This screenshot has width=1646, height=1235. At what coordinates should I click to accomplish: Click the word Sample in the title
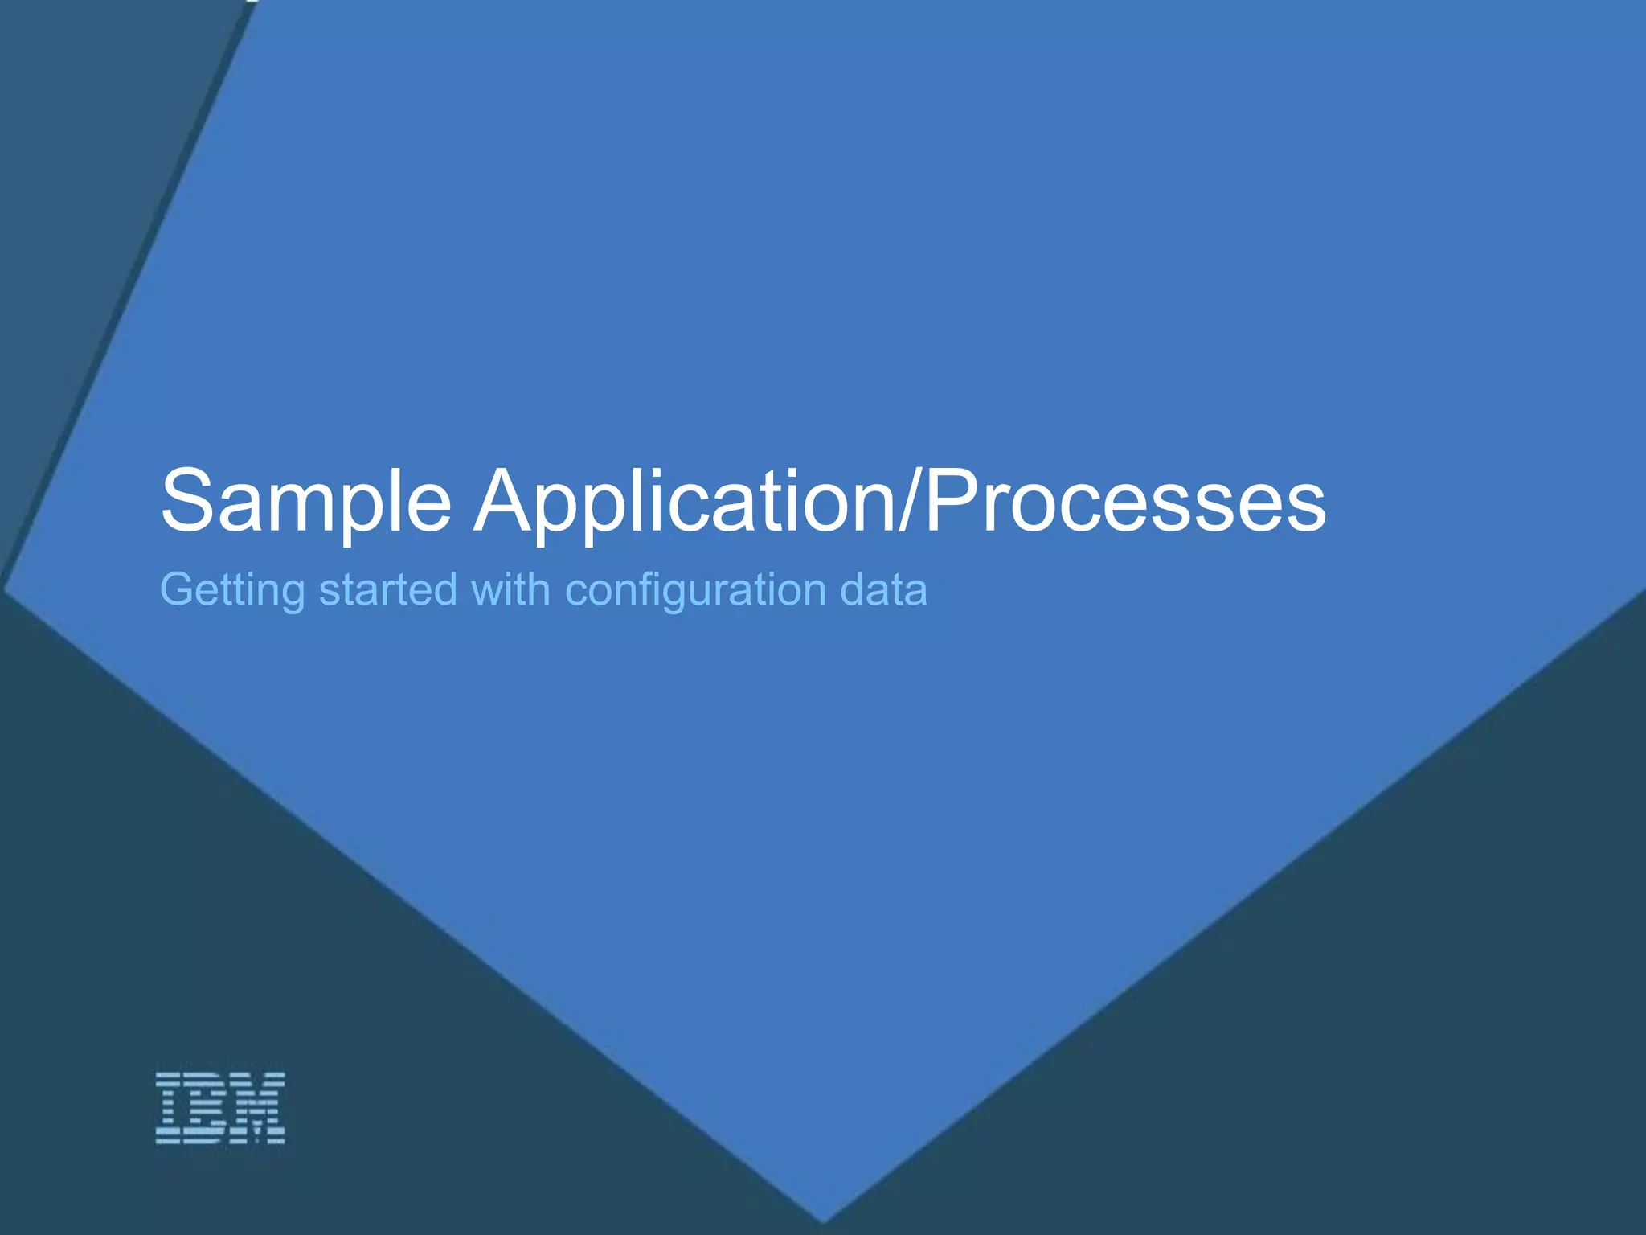coord(305,503)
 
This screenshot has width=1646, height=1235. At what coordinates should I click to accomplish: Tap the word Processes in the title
coord(1125,503)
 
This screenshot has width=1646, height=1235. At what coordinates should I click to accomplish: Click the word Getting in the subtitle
coord(232,591)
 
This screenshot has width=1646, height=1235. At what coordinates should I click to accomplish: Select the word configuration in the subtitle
coord(695,591)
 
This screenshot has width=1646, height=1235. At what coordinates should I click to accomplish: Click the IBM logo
coord(220,1108)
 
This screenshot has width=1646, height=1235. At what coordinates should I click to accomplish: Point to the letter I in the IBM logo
coord(171,1108)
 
